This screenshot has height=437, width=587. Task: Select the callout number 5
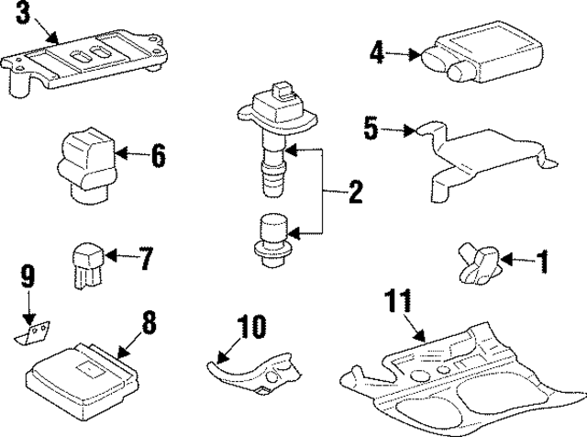pyautogui.click(x=371, y=128)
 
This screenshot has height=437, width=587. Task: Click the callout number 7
pyautogui.click(x=146, y=259)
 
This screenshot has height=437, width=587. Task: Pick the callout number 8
pyautogui.click(x=148, y=323)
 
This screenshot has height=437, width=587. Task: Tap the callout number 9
pyautogui.click(x=28, y=274)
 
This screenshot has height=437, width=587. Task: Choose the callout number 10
pyautogui.click(x=252, y=326)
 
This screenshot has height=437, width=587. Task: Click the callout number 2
pyautogui.click(x=354, y=193)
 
